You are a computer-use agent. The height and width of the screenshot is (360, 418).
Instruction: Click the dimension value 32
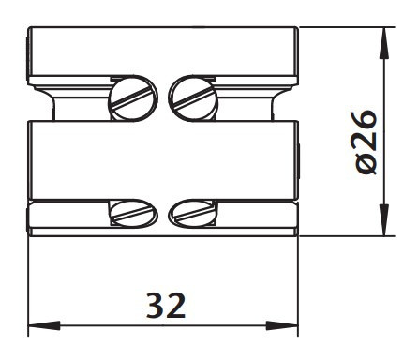(x=166, y=306)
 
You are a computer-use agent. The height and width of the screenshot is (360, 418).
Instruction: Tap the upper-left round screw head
(x=133, y=98)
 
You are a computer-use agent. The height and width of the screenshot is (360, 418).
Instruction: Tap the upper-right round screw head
(x=193, y=98)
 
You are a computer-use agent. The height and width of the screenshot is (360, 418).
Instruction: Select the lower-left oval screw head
(x=133, y=214)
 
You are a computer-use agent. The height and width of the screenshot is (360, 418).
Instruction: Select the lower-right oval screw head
(x=193, y=214)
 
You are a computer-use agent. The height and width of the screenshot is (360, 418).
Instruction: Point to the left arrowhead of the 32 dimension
(x=44, y=325)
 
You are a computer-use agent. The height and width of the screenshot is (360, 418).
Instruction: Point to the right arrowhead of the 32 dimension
(x=282, y=325)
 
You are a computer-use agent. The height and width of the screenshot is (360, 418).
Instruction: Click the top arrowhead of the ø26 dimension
(x=384, y=43)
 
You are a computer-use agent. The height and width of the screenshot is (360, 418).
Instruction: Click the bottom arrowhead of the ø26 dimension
(x=384, y=219)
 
